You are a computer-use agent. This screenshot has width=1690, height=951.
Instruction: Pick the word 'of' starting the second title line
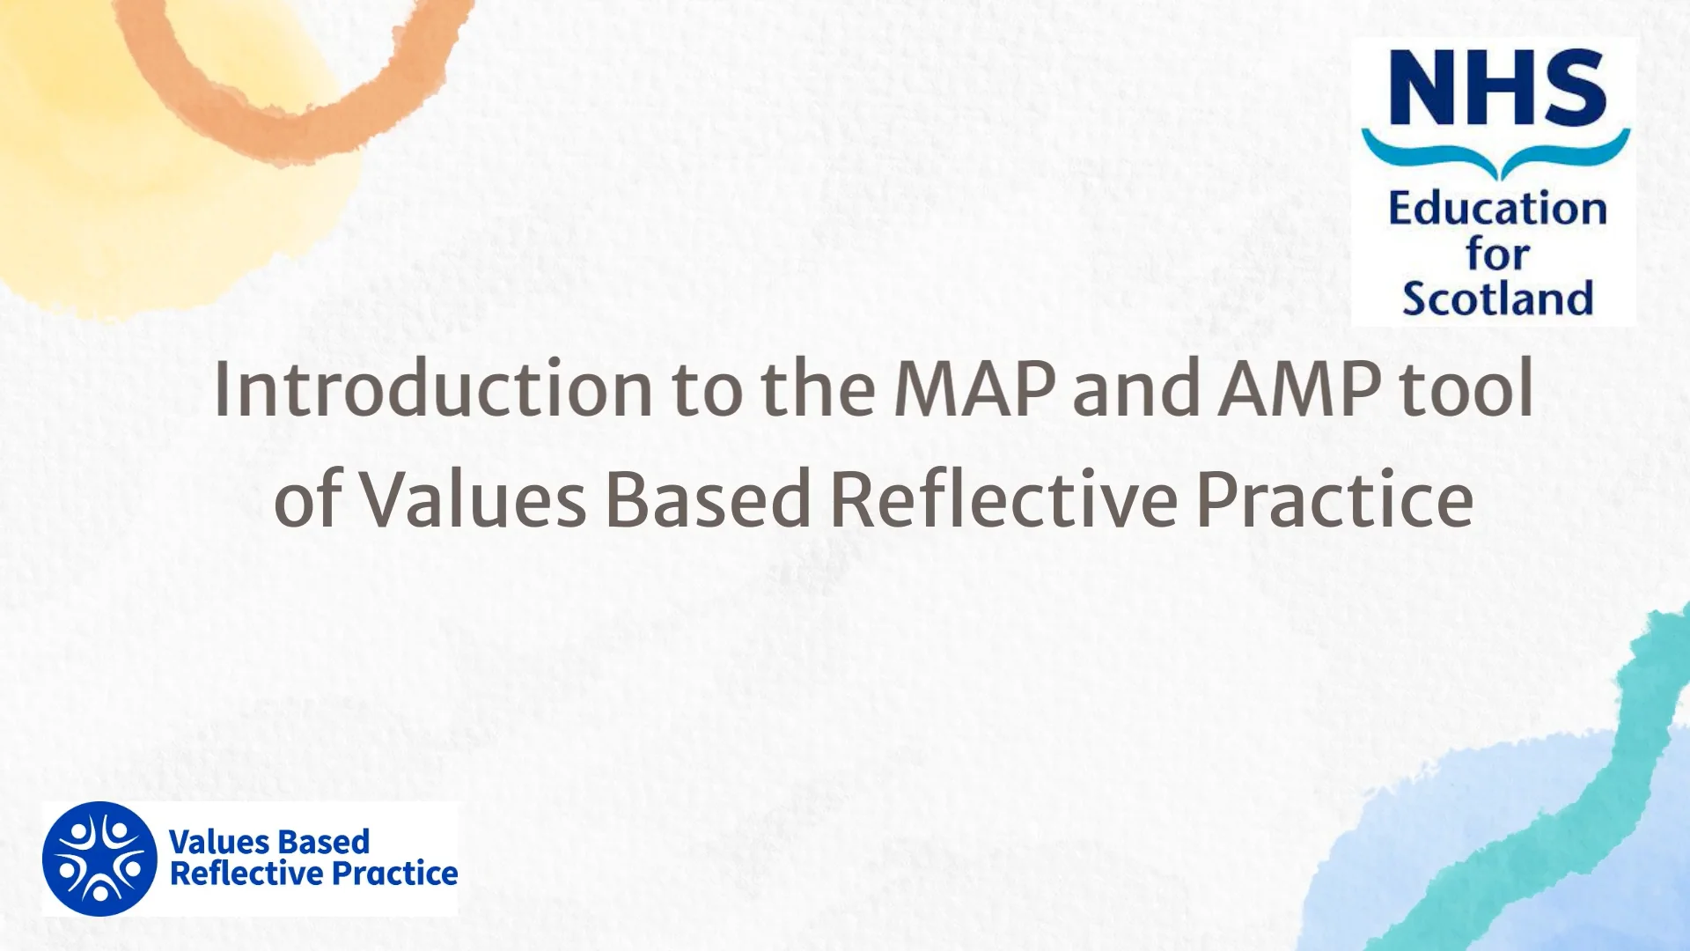point(307,499)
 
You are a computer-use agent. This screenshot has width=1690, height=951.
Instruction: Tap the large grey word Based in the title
point(709,499)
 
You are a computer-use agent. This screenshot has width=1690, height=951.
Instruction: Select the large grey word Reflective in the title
point(1003,499)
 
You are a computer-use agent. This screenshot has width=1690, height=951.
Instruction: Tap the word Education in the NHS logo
point(1497,210)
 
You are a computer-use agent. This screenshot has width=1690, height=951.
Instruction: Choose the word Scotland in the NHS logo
point(1497,299)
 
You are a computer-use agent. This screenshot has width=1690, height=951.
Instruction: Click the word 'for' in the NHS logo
point(1497,254)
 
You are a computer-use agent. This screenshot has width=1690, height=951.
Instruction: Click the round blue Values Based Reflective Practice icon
point(99,859)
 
